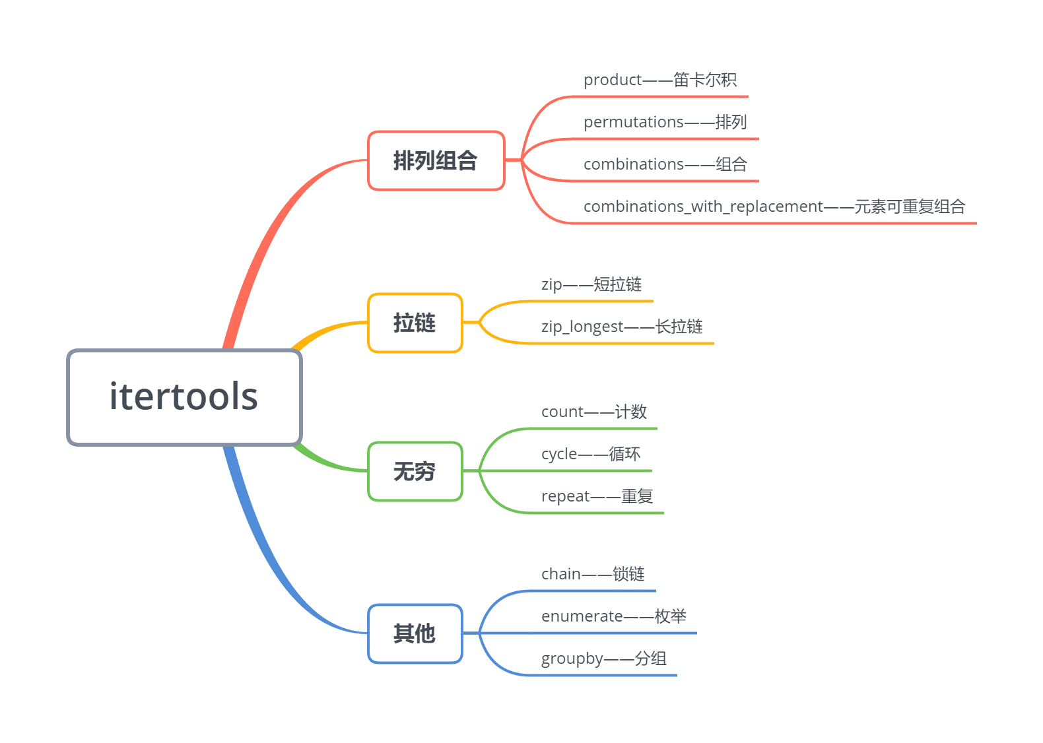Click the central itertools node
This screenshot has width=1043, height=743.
[x=184, y=397]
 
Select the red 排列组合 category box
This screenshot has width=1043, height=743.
[x=436, y=160]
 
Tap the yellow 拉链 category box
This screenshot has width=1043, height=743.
[x=415, y=323]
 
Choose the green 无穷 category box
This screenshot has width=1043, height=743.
[x=415, y=471]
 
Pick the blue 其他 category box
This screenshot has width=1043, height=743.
[x=415, y=633]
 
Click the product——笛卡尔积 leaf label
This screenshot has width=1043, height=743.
[x=659, y=80]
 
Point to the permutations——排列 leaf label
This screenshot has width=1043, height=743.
[x=665, y=122]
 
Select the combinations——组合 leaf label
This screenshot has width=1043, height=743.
[x=665, y=164]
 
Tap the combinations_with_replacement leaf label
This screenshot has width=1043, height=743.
[x=774, y=207]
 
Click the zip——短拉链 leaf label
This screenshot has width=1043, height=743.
[x=591, y=284]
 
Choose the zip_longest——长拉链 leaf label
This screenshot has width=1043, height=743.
[x=621, y=327]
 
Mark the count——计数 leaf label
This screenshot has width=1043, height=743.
[x=593, y=412]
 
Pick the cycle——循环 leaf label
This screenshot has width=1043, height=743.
[x=590, y=454]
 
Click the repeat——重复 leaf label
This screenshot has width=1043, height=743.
[x=597, y=496]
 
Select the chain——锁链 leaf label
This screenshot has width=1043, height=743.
[x=592, y=574]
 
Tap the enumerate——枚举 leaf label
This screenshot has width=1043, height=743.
[x=613, y=616]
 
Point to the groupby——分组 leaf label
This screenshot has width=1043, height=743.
[x=603, y=659]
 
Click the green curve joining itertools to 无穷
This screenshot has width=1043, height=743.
[x=327, y=463]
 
